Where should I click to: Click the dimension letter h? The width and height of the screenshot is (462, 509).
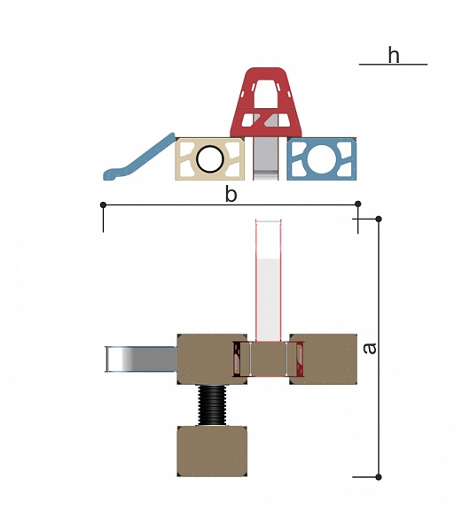pyautogui.click(x=394, y=55)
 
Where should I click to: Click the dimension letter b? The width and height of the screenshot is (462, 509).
pyautogui.click(x=231, y=195)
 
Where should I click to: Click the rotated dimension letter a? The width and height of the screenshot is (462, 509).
pyautogui.click(x=370, y=348)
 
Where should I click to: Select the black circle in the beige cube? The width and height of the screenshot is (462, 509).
pyautogui.click(x=210, y=159)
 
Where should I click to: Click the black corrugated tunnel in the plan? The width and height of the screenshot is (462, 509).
pyautogui.click(x=212, y=405)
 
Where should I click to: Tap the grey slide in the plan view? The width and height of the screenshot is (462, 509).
pyautogui.click(x=141, y=359)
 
